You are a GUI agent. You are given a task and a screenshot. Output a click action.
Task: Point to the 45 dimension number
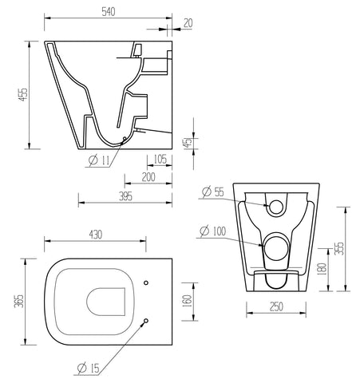click(x=188, y=144)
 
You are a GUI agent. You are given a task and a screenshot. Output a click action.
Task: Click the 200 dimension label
click(x=148, y=177)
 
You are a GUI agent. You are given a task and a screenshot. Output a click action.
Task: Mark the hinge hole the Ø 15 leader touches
click(x=145, y=321)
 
